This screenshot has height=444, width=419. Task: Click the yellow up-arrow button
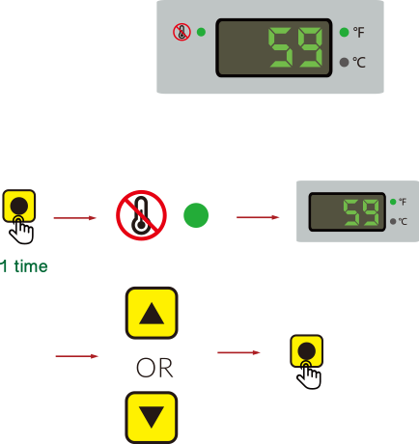click(x=152, y=313)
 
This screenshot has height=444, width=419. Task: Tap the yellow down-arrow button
click(x=152, y=417)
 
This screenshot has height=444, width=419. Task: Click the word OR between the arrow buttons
click(x=154, y=368)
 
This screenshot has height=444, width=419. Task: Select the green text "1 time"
click(x=24, y=266)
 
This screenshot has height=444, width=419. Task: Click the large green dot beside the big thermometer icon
click(x=196, y=215)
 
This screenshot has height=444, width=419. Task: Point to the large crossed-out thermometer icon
click(x=141, y=215)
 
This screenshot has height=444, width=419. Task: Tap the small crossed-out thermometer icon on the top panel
click(x=182, y=32)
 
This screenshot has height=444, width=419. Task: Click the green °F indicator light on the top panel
click(x=344, y=32)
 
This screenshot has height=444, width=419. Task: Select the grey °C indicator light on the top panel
click(x=344, y=62)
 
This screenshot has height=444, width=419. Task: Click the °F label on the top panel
click(x=358, y=32)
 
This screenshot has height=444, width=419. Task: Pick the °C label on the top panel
click(x=359, y=62)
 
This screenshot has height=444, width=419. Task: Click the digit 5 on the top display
click(x=281, y=47)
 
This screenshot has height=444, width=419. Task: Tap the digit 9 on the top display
click(x=310, y=47)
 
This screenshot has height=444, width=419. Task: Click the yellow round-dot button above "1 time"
click(x=19, y=206)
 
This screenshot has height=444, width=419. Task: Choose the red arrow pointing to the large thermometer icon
click(x=75, y=218)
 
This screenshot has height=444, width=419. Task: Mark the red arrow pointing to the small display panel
click(x=258, y=217)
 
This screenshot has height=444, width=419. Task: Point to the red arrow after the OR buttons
click(x=238, y=352)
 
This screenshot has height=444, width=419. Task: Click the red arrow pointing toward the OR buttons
click(x=77, y=356)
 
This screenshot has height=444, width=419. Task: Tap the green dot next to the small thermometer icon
click(x=201, y=32)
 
